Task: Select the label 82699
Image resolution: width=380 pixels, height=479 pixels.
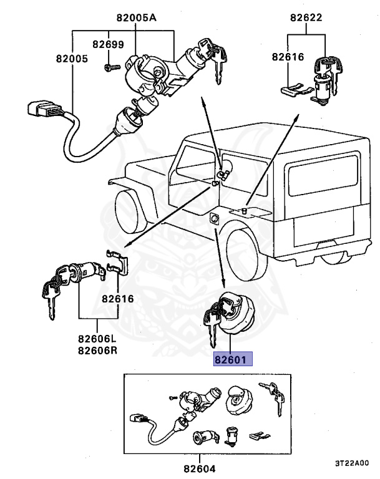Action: tap(109, 44)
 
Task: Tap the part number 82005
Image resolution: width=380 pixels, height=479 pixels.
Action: tap(71, 58)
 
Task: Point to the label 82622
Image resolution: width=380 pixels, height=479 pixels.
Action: tap(306, 18)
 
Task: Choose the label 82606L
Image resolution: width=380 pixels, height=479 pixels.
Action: tap(97, 339)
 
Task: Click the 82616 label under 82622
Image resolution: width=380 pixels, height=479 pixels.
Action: tap(288, 57)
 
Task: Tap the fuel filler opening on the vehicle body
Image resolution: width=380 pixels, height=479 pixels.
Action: tap(214, 219)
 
